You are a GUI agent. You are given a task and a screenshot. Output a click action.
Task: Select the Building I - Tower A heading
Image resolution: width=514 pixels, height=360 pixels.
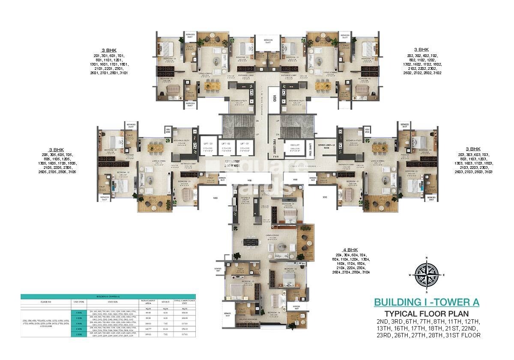pos(426,302)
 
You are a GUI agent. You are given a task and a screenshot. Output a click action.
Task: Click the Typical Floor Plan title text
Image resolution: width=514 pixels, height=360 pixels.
pos(426,314)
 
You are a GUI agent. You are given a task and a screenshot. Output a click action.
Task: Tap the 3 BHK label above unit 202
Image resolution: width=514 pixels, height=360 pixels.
pos(421,50)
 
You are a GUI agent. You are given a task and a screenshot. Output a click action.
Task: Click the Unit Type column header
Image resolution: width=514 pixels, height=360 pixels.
pos(80,302)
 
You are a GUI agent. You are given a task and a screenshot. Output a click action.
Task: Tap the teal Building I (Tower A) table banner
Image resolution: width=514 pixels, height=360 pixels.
pos(108,296)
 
